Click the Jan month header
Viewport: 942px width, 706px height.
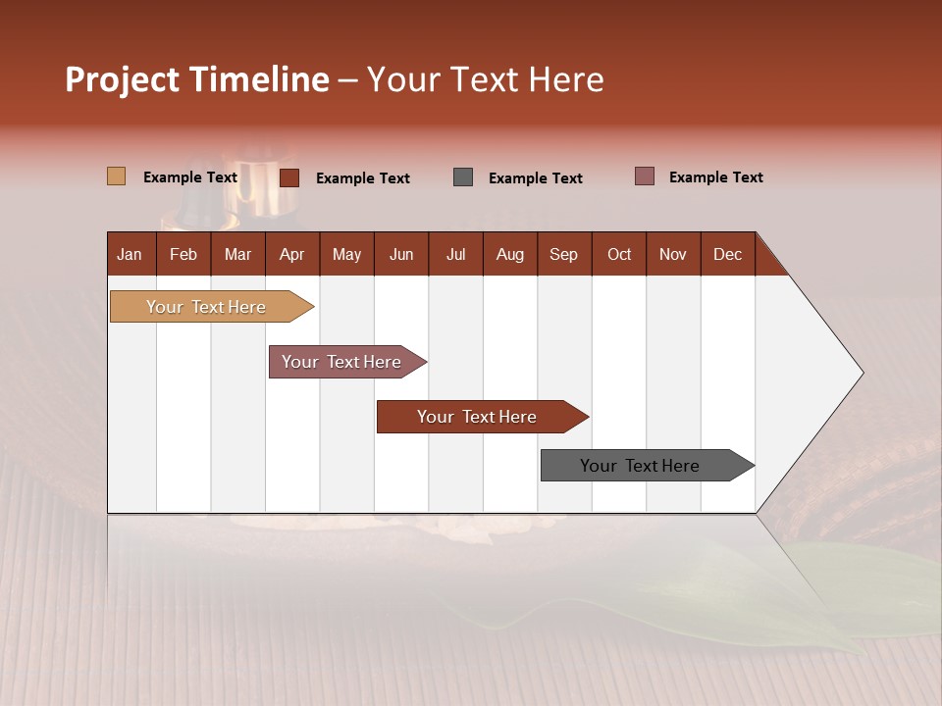[x=131, y=254]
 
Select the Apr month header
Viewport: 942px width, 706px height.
[x=292, y=254]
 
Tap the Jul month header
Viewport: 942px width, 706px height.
[x=455, y=254]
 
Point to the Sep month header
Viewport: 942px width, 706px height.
[x=563, y=254]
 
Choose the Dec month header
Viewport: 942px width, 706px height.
[x=727, y=254]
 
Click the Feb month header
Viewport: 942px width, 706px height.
[x=183, y=254]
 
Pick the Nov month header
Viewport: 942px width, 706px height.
[x=672, y=254]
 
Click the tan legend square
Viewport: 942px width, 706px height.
[x=116, y=176]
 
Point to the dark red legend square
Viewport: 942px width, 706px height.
[x=288, y=177]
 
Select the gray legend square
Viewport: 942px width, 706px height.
[x=463, y=177]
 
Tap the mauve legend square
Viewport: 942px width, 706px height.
[x=644, y=176]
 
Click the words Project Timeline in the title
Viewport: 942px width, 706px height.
[x=197, y=79]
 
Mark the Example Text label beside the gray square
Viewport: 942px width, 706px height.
[x=535, y=178]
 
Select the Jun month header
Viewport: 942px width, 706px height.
[x=401, y=254]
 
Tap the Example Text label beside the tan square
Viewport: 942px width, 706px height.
[x=189, y=177]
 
